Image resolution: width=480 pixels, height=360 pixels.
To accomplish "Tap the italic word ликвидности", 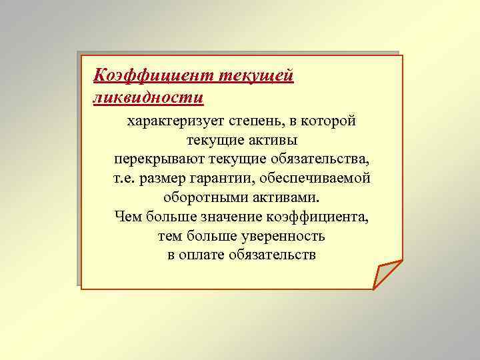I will point(148,97).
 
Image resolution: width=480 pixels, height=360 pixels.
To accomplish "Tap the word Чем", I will point(127,217).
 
